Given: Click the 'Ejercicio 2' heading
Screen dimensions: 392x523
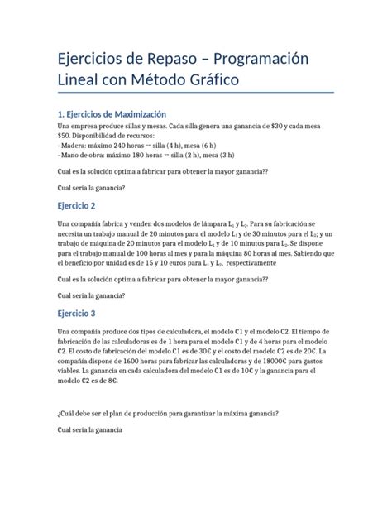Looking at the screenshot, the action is (x=77, y=205).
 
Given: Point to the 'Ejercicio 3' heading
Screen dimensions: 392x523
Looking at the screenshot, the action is (x=77, y=314).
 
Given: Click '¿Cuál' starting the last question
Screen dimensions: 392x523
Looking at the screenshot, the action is (x=67, y=413).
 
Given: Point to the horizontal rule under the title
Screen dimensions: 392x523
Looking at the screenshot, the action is (x=195, y=93).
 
